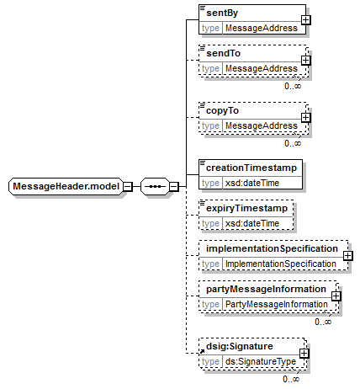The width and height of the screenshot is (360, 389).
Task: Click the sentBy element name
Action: point(222,13)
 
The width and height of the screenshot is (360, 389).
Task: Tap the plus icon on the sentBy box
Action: point(305,20)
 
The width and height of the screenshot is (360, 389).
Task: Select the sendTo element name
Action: point(223,53)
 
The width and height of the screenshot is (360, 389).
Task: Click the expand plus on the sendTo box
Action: point(305,61)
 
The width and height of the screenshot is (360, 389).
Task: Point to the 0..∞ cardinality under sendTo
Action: point(293,86)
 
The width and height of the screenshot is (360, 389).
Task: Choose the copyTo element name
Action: point(222,110)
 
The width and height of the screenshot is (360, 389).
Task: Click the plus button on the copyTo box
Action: point(305,118)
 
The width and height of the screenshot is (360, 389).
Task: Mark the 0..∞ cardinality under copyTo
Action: point(293,143)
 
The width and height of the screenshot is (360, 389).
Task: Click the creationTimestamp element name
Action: point(251,168)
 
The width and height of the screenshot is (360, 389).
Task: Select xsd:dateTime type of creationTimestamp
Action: point(252,183)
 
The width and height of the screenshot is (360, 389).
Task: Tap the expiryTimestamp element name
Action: point(246,208)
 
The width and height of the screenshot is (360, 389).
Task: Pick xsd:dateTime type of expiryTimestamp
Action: point(252,223)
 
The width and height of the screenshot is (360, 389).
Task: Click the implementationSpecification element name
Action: point(272,248)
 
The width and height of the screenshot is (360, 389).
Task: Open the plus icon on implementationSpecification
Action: point(347,256)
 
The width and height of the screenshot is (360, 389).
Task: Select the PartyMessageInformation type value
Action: point(277,304)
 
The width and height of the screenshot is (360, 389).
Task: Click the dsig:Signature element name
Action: point(240,346)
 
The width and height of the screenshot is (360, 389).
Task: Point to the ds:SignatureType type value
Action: point(261,361)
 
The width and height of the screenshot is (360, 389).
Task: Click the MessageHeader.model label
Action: point(66,186)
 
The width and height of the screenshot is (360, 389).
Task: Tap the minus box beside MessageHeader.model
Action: point(128,186)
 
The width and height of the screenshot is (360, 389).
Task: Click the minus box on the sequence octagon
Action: point(174,186)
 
